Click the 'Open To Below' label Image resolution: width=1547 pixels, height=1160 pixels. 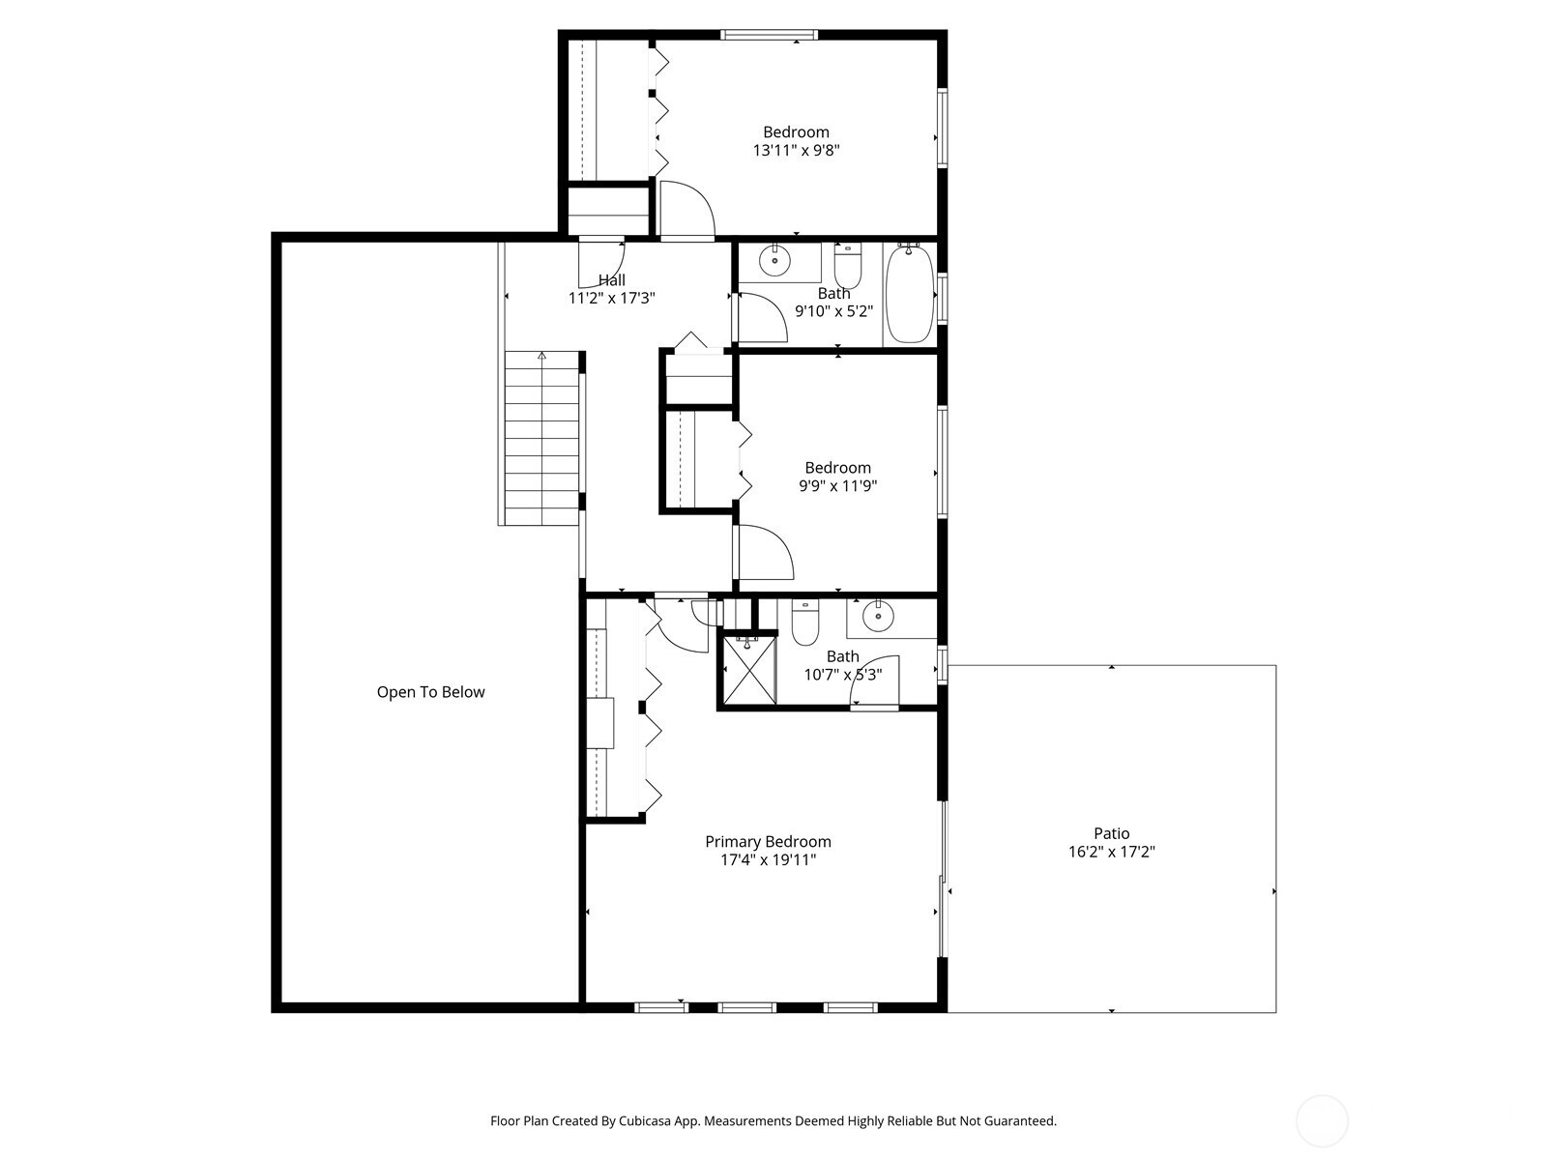(x=430, y=692)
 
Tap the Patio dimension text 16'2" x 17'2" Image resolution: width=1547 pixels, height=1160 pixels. (x=1112, y=852)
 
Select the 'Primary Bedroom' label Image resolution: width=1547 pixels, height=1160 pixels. (x=769, y=842)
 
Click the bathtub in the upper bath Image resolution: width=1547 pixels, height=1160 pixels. (x=909, y=294)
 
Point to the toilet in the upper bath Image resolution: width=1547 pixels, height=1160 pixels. (x=847, y=265)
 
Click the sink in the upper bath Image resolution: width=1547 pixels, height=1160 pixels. (x=774, y=261)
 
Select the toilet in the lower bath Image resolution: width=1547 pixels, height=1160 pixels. (x=804, y=622)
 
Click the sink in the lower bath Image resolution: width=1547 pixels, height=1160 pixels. (x=878, y=617)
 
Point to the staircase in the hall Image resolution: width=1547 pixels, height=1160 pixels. (x=542, y=438)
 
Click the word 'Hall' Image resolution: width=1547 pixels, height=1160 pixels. (x=612, y=280)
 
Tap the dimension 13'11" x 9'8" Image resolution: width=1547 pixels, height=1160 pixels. (x=797, y=151)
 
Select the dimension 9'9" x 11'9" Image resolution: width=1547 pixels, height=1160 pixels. (x=838, y=486)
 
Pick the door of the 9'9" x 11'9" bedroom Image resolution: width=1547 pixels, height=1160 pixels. (x=765, y=552)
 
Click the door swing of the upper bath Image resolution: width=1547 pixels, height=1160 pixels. (x=761, y=317)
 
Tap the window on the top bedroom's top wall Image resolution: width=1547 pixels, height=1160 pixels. (x=769, y=35)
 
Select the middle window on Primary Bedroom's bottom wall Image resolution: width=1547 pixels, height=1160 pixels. (x=747, y=1008)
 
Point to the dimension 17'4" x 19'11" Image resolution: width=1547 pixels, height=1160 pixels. (x=769, y=860)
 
